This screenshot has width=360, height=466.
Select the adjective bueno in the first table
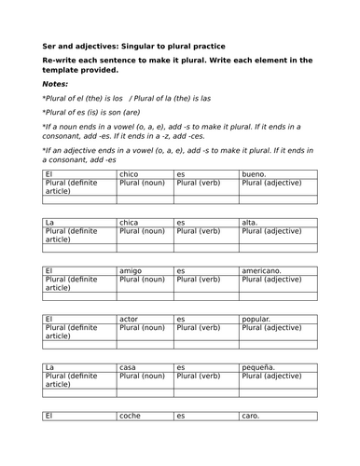tap(254, 174)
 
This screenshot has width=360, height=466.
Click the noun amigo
tap(131, 270)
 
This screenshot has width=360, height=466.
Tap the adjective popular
tap(258, 319)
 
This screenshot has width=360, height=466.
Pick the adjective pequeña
tap(260, 367)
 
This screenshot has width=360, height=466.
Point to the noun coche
tap(131, 416)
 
